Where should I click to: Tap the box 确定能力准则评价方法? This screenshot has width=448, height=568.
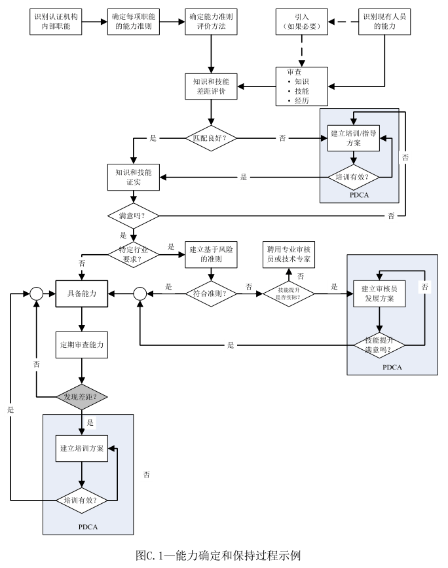click(211, 20)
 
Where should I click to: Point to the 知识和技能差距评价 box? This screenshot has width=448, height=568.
click(211, 86)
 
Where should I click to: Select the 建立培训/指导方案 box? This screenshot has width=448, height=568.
click(354, 138)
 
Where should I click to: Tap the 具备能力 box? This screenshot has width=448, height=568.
click(81, 295)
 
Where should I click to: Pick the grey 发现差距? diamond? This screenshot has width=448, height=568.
click(81, 396)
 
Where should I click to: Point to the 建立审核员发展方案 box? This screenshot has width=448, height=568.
click(379, 295)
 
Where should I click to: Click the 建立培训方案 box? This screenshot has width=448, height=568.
click(81, 449)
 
